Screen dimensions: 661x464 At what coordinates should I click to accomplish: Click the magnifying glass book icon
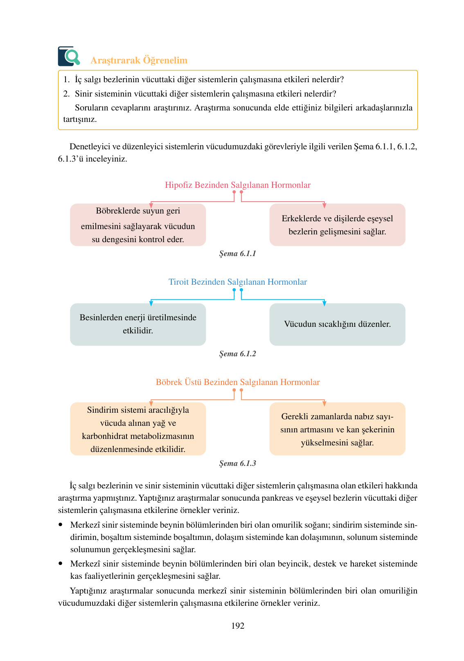click(x=69, y=56)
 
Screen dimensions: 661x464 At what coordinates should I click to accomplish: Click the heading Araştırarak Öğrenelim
click(x=139, y=60)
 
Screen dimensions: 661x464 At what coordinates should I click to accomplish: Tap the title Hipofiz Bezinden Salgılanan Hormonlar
click(x=237, y=185)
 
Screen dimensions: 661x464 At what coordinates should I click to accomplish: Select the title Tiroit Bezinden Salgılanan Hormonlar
click(x=237, y=282)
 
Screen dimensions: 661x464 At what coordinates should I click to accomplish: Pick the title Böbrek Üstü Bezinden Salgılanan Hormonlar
click(x=237, y=382)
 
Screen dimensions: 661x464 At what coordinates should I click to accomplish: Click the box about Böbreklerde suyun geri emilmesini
click(x=138, y=225)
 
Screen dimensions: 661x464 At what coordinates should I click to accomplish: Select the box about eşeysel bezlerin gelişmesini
click(x=337, y=225)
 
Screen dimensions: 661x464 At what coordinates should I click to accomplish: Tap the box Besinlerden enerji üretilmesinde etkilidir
click(x=138, y=324)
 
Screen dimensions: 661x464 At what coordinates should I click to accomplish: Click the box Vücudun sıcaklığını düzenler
click(x=337, y=324)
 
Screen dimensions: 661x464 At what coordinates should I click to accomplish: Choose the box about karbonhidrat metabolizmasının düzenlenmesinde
click(x=138, y=429)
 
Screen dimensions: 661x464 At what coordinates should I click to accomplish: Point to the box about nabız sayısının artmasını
click(x=337, y=429)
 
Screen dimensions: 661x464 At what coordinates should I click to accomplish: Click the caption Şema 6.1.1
click(x=237, y=254)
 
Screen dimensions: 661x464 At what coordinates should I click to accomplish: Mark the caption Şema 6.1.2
click(x=237, y=354)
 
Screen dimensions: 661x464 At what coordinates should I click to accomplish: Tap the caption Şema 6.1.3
click(x=237, y=463)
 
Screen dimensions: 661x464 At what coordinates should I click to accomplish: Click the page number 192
click(x=237, y=626)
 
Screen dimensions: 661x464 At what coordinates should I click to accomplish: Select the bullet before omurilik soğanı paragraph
click(x=61, y=524)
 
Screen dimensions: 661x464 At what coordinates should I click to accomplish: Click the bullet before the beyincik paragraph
click(x=61, y=563)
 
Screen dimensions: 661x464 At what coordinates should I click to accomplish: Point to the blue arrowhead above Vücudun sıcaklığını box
click(x=324, y=304)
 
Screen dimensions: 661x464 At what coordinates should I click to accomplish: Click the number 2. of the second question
click(x=66, y=94)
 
